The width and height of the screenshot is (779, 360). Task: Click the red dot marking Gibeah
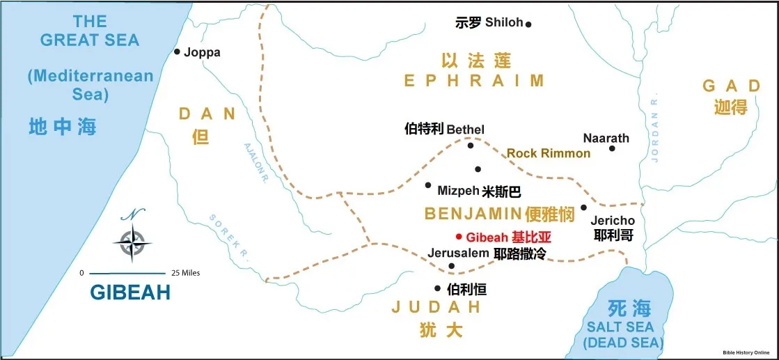[459, 236]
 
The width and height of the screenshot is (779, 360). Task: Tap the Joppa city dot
[178, 52]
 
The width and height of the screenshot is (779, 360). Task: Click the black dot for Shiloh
[528, 24]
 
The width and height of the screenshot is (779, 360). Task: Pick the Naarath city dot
[612, 148]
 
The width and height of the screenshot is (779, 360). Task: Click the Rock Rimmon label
[548, 153]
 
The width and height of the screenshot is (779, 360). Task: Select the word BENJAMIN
[473, 214]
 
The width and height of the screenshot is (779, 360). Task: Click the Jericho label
[613, 221]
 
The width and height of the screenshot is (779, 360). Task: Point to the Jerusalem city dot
[452, 266]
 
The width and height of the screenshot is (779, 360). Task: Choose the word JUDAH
[436, 307]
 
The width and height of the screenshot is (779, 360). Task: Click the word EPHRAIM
[474, 81]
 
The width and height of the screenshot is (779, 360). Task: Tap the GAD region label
[731, 86]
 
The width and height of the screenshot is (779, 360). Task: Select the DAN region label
[207, 114]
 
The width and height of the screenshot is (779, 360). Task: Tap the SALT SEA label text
[620, 327]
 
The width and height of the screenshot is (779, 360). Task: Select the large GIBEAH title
[130, 292]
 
